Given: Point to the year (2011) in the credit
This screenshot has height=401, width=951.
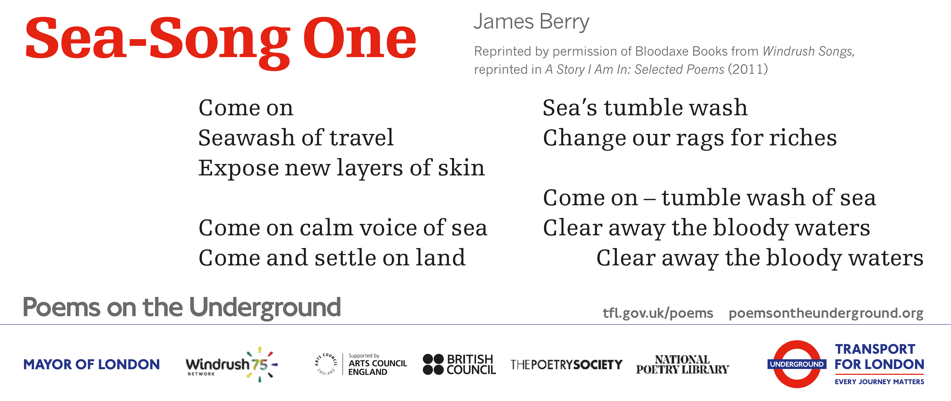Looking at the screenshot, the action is [748, 69].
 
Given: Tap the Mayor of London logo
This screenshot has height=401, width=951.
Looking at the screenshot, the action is [92, 364].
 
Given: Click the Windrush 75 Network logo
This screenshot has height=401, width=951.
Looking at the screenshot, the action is [232, 364].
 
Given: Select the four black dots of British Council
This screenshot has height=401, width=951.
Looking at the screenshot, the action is [433, 364].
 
